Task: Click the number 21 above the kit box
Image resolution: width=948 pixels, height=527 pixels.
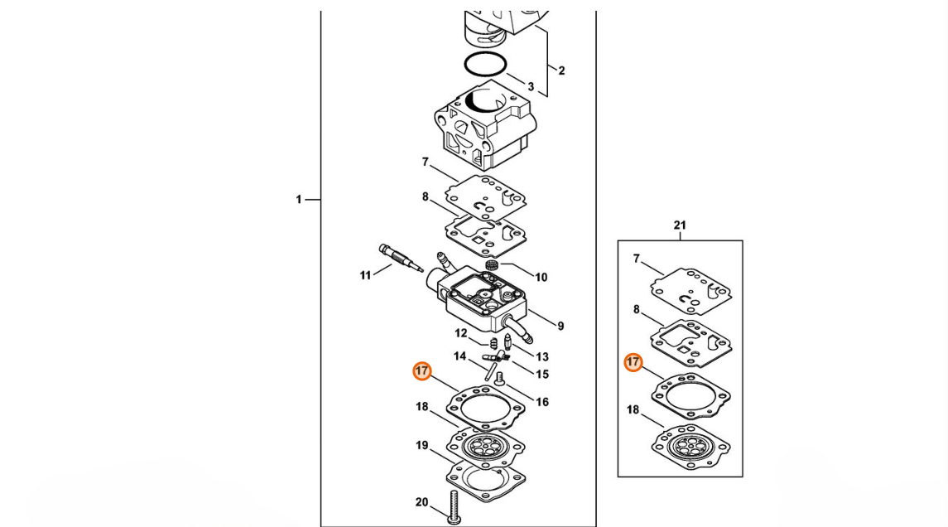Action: coord(680,225)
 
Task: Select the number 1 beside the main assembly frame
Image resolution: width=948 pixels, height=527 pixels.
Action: coord(299,199)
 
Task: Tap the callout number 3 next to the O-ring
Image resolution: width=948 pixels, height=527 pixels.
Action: coord(531,86)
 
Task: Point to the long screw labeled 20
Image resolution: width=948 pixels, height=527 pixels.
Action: coord(455,507)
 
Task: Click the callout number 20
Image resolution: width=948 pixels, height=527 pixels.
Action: coord(422,501)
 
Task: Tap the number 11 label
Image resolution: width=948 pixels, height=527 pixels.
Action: coord(365,275)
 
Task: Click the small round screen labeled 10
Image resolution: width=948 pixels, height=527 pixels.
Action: coord(492,265)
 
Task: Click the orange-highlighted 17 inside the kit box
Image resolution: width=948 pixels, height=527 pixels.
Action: coord(633,362)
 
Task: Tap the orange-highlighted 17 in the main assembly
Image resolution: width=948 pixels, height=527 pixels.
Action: coord(422,370)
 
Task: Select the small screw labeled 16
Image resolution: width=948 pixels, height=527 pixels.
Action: coord(499,380)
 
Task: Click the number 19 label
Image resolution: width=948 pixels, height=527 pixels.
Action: coord(422,445)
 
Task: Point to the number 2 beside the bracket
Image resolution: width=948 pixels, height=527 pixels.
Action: coord(561,70)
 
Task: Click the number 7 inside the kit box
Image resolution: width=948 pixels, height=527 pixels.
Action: coord(636,259)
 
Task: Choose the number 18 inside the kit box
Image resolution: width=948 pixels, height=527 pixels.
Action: coord(633,409)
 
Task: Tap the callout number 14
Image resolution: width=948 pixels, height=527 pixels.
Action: coord(460,355)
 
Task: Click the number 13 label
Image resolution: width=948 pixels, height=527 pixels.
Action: coord(542,357)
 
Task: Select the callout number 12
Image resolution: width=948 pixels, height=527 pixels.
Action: coord(461,333)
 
